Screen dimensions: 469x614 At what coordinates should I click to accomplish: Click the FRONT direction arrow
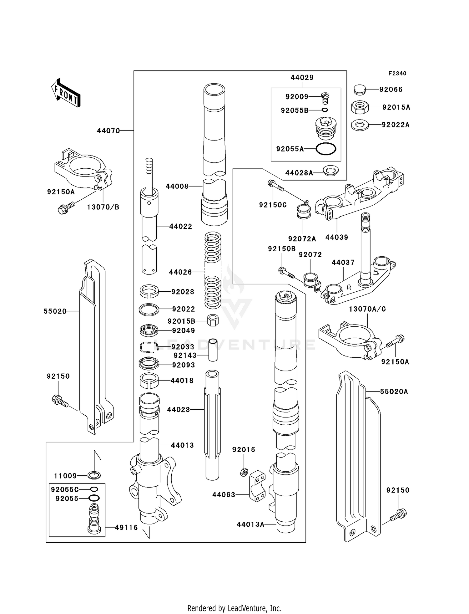pos(66,93)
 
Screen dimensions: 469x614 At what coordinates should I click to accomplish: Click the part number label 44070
pos(108,131)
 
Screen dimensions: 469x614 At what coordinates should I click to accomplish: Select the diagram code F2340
pos(397,74)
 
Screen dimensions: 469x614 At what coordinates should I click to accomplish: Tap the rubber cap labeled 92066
pos(359,90)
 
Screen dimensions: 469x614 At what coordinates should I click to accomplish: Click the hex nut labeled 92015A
pos(360,107)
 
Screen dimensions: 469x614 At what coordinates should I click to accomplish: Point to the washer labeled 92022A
pos(360,125)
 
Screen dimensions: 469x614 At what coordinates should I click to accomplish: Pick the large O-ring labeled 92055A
pos(326,149)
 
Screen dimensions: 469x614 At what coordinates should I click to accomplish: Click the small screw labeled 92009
pos(325,98)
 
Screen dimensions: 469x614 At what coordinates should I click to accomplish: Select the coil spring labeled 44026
pos(213,270)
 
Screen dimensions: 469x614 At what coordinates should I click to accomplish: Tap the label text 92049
pos(183,330)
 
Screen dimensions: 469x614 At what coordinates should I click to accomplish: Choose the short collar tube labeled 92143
pos(213,350)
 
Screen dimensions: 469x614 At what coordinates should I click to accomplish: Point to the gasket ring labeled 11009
pos(94,476)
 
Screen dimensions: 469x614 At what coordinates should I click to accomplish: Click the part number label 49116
pos(126,528)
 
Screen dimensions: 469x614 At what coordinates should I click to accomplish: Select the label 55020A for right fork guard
pos(394,391)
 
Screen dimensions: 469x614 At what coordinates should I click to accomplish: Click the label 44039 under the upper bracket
pos(336,237)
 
